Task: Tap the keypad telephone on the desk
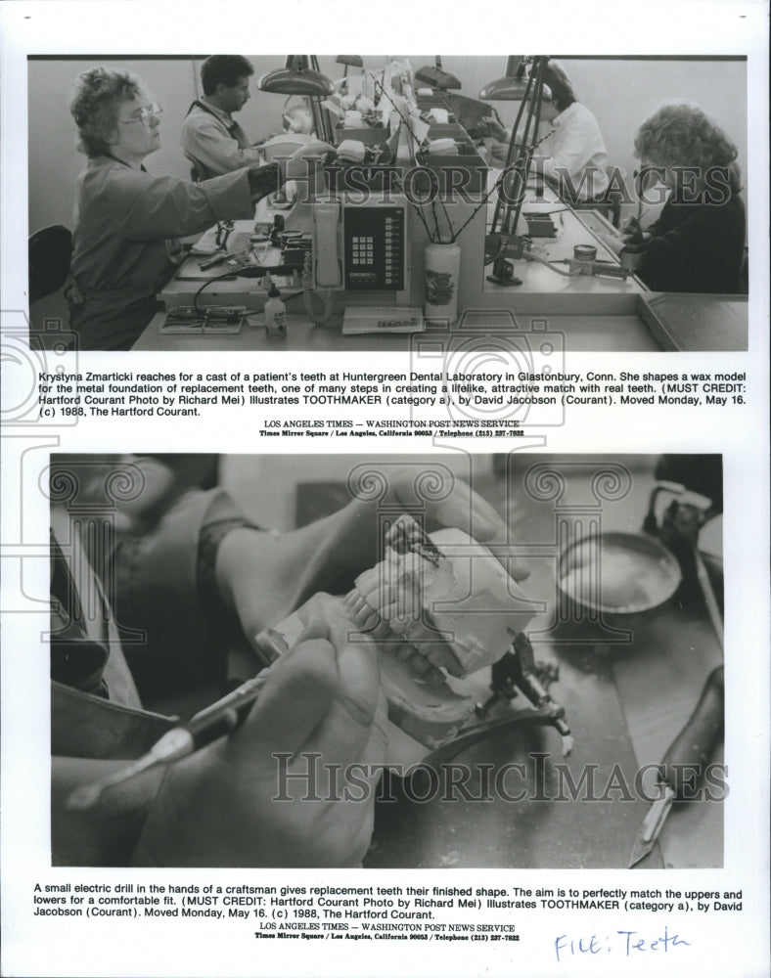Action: pyautogui.click(x=372, y=247)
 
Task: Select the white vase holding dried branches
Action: pyautogui.click(x=441, y=282)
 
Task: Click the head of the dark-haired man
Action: pyautogui.click(x=226, y=81)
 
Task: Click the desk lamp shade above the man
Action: pyautogui.click(x=295, y=83)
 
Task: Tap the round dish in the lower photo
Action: pyautogui.click(x=618, y=572)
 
